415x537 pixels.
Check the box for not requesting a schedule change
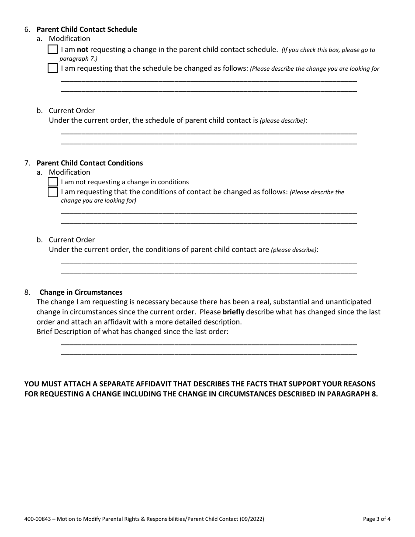click(52, 50)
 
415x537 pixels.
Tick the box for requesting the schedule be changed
click(52, 69)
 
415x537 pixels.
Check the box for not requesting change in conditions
click(52, 182)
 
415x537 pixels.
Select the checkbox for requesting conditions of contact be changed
click(52, 192)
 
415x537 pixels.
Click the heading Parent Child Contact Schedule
click(86, 30)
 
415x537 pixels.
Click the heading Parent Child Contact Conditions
click(90, 163)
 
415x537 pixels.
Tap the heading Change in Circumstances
click(81, 292)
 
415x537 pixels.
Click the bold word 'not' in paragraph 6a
click(83, 50)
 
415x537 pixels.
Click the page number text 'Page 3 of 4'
click(377, 519)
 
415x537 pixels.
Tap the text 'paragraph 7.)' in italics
click(79, 59)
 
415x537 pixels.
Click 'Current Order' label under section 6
click(72, 110)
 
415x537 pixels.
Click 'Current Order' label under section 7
click(72, 240)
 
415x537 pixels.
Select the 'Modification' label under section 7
click(69, 172)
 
